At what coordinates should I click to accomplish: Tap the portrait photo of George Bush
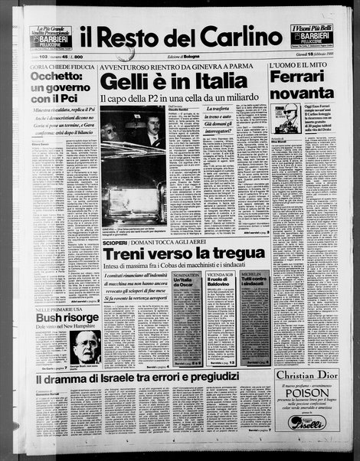click(87, 348)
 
